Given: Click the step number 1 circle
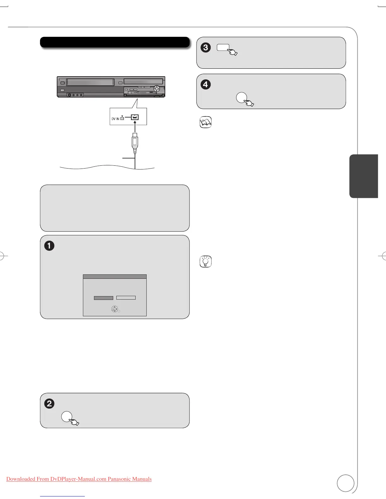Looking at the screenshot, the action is [49, 246].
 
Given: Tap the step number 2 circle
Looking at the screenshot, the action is [49, 404].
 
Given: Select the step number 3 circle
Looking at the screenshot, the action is [206, 48].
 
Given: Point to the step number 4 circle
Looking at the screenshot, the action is [206, 84].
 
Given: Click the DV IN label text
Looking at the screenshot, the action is [115, 119].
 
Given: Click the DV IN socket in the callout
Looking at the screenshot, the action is [135, 118].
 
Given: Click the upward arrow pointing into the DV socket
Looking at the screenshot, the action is [135, 126].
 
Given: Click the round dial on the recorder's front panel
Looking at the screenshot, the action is [156, 89].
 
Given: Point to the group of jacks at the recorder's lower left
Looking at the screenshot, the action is [75, 95].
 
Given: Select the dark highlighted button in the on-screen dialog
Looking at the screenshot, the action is [103, 298].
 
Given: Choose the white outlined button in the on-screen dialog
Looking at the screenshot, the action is [126, 298].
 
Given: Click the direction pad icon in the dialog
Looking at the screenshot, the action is [114, 309].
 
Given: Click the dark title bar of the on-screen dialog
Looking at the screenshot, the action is [115, 277].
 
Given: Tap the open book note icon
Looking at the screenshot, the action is [206, 122].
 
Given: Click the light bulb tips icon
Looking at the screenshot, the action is [206, 261].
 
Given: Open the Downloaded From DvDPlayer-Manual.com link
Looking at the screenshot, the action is [79, 479].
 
